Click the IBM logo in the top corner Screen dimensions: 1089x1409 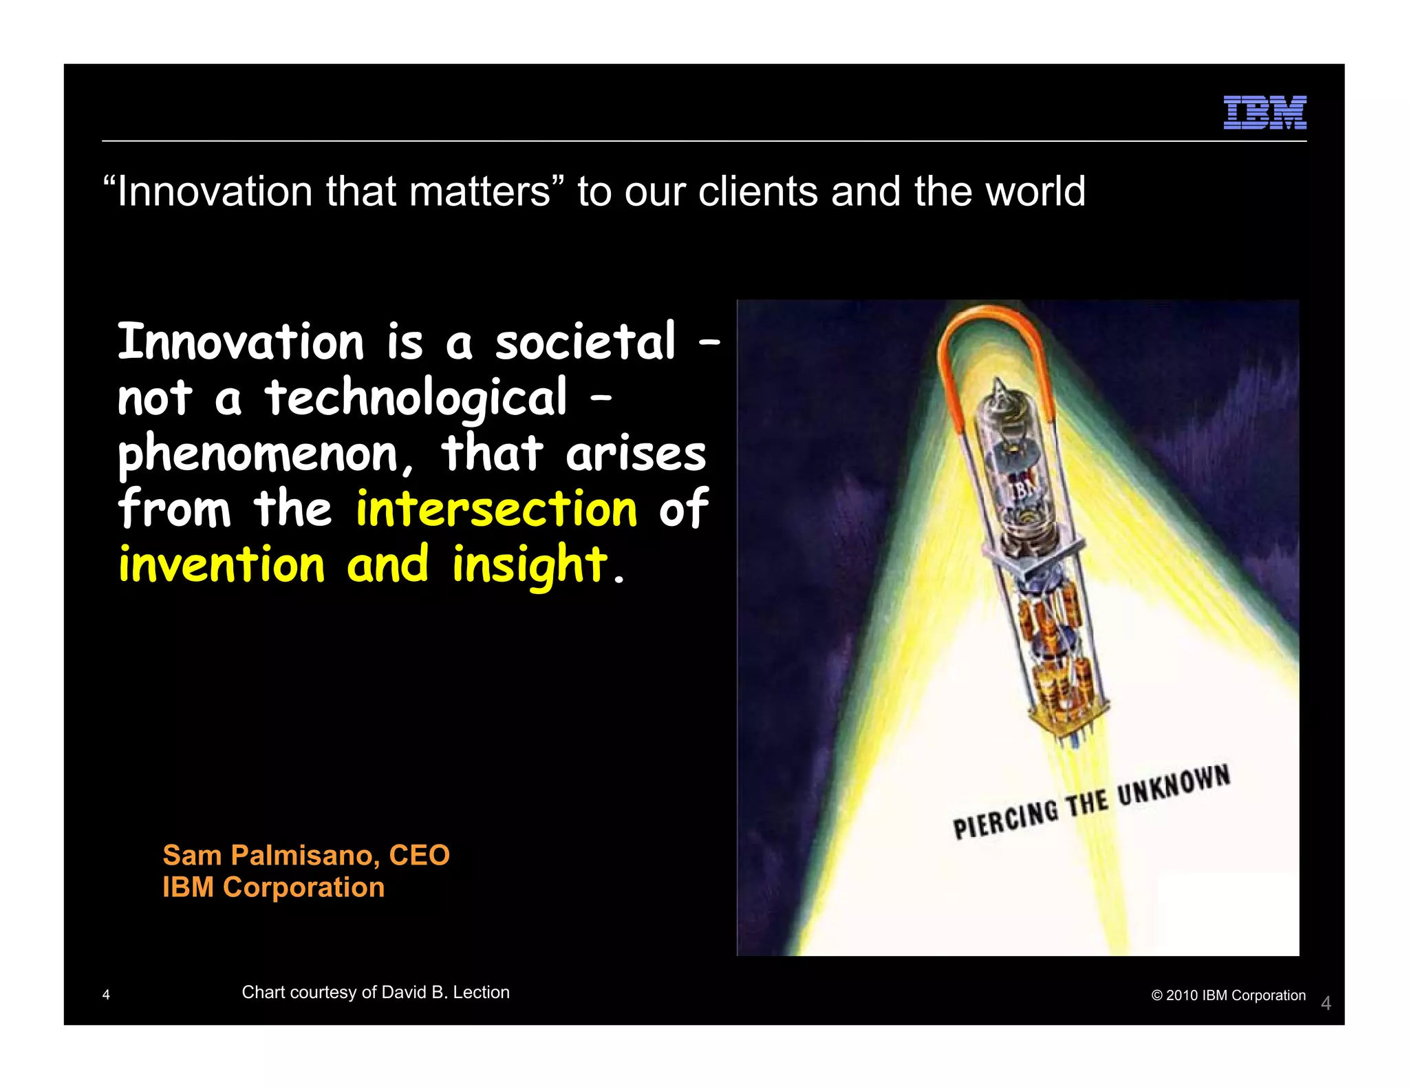point(1265,112)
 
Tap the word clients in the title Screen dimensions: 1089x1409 point(757,191)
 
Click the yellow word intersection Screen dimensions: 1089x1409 point(496,509)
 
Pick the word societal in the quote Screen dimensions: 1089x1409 point(585,341)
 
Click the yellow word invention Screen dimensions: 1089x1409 point(221,564)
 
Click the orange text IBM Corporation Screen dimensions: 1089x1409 point(273,887)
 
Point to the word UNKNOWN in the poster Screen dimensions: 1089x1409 point(1173,785)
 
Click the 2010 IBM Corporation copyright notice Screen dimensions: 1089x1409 point(1228,995)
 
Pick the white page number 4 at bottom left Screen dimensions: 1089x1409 point(106,995)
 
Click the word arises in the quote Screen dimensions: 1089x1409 point(636,454)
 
